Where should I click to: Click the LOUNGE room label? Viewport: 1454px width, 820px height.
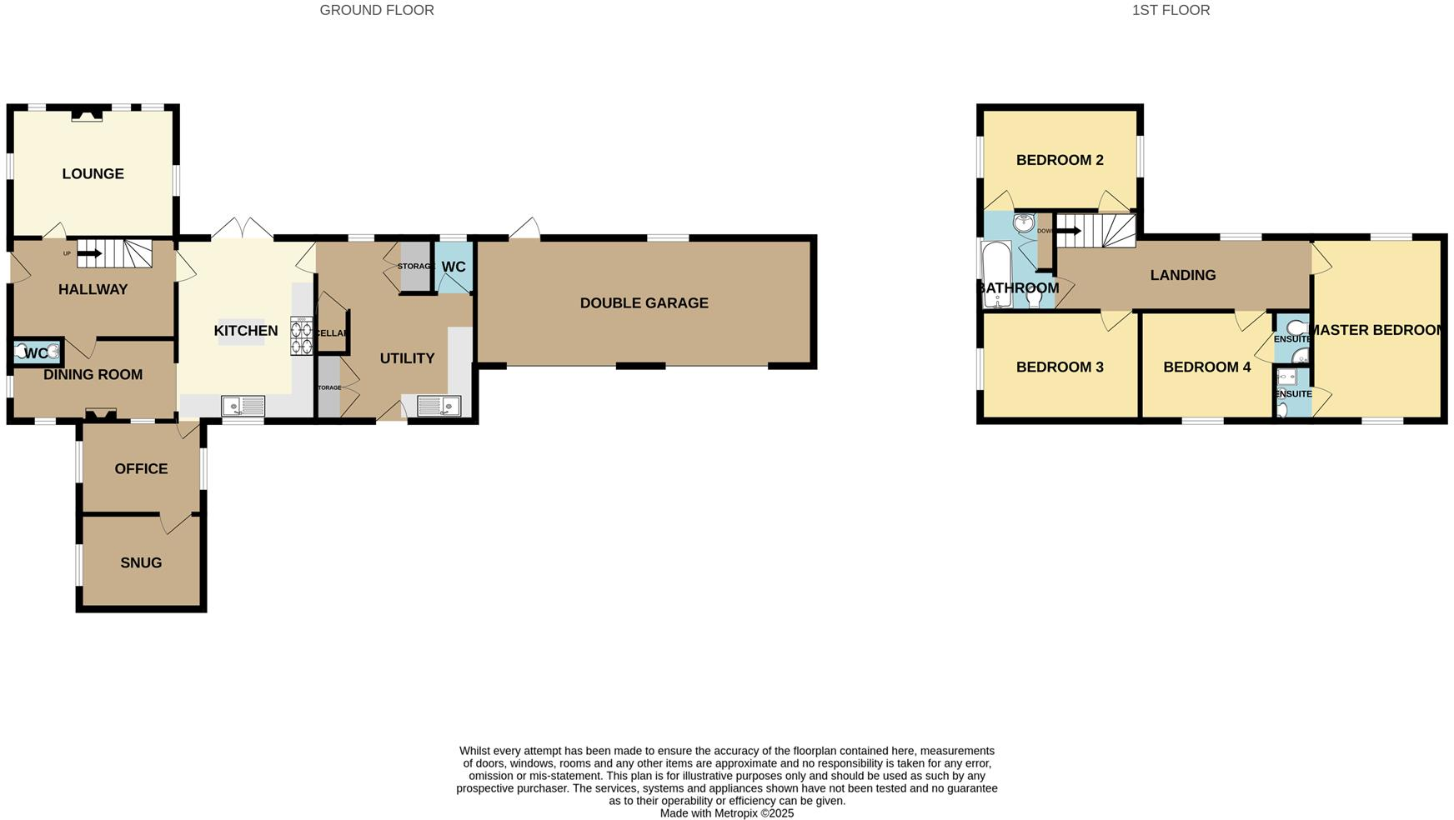point(93,173)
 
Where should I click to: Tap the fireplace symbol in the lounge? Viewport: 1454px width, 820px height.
point(86,115)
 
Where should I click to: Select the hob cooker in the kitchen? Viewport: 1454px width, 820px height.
point(301,336)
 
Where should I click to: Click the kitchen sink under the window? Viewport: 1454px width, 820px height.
point(243,406)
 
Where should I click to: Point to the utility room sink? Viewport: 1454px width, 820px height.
point(439,406)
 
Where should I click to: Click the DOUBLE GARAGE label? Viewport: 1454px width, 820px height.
point(644,303)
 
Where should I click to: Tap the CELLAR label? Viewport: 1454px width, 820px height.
point(332,333)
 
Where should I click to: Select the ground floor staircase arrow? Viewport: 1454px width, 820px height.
point(89,253)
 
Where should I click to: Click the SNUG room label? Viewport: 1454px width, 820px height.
point(141,562)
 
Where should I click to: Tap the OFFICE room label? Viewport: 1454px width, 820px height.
point(141,468)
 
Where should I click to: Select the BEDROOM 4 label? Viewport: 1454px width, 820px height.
point(1206,367)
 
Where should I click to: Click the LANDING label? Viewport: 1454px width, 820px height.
point(1182,275)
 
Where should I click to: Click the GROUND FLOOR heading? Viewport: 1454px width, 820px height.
point(377,10)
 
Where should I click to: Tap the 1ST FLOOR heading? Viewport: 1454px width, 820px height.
point(1171,10)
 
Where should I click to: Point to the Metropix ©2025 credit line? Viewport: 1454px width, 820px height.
point(726,813)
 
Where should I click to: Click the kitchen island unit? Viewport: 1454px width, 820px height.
point(242,331)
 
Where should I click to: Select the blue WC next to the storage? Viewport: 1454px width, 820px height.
point(454,267)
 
